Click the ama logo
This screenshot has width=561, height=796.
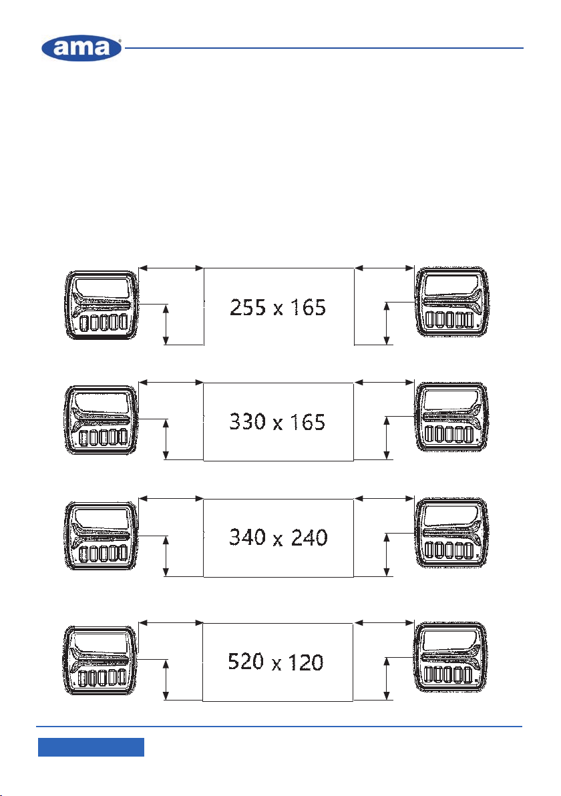81,48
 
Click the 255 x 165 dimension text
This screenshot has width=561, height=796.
278,308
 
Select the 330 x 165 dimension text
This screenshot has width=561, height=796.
277,422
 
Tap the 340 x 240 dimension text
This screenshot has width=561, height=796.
278,537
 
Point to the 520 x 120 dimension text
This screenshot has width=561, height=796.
276,662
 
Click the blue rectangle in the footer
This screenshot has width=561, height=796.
91,747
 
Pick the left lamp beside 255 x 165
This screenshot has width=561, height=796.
102,305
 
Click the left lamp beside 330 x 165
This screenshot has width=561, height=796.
102,420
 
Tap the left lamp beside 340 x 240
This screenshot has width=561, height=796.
102,536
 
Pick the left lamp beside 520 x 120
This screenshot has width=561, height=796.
101,660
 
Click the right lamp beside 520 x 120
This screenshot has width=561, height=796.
451,658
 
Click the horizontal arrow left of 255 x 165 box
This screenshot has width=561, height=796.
171,268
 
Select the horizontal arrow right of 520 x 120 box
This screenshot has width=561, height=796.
384,622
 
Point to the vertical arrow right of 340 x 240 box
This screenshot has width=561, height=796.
387,554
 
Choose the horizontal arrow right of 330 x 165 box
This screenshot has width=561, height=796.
384,382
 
